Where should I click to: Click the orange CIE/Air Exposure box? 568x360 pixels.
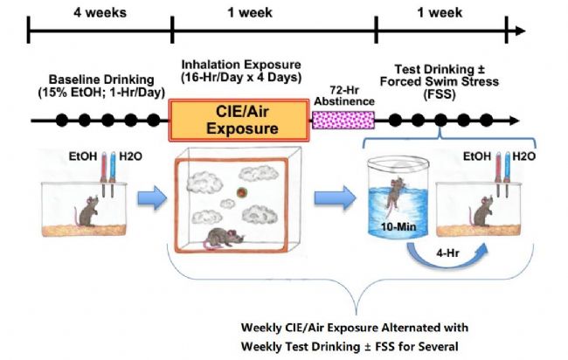click(239, 121)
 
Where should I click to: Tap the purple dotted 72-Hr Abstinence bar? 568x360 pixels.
click(343, 121)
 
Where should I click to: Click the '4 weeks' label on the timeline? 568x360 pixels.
click(100, 13)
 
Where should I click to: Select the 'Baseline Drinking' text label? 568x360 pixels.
click(101, 80)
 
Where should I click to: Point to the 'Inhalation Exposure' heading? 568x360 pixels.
click(241, 65)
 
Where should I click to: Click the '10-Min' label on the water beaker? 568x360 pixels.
click(398, 227)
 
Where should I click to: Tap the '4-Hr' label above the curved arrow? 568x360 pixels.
click(447, 253)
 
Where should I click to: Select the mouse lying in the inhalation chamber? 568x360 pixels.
click(223, 238)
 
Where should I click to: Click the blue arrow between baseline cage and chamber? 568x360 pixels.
click(152, 197)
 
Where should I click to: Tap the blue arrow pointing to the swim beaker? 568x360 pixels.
click(335, 197)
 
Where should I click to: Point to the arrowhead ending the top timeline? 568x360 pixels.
click(520, 31)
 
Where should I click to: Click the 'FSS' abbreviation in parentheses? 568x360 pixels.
click(440, 94)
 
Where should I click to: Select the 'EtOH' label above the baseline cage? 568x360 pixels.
click(83, 156)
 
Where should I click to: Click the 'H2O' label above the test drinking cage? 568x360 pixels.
click(523, 156)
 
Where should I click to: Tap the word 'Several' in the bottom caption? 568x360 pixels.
click(438, 347)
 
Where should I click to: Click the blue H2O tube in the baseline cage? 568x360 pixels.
click(113, 175)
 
